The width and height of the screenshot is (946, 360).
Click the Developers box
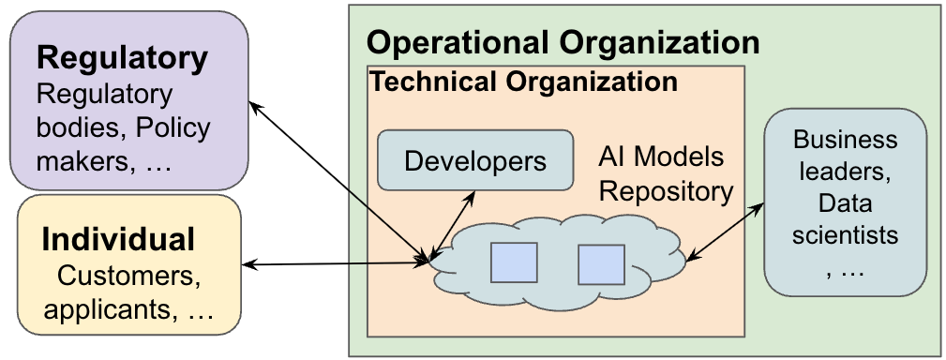pyautogui.click(x=475, y=160)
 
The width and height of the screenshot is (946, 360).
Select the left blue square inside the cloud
pyautogui.click(x=514, y=262)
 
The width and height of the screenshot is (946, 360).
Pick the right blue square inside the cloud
pyautogui.click(x=601, y=264)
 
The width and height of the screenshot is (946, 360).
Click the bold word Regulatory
pyautogui.click(x=122, y=58)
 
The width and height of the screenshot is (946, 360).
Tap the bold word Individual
pyautogui.click(x=118, y=239)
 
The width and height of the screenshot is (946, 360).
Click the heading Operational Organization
pyautogui.click(x=563, y=42)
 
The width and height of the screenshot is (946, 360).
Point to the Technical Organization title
pyautogui.click(x=523, y=82)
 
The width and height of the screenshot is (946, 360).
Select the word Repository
pyautogui.click(x=666, y=191)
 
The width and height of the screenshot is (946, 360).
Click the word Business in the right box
pyautogui.click(x=845, y=141)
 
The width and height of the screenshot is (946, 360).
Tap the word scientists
pyautogui.click(x=845, y=233)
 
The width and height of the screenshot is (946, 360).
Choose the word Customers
pyautogui.click(x=129, y=277)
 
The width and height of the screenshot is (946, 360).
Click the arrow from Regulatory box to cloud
pyautogui.click(x=338, y=177)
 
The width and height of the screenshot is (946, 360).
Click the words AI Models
pyautogui.click(x=661, y=157)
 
